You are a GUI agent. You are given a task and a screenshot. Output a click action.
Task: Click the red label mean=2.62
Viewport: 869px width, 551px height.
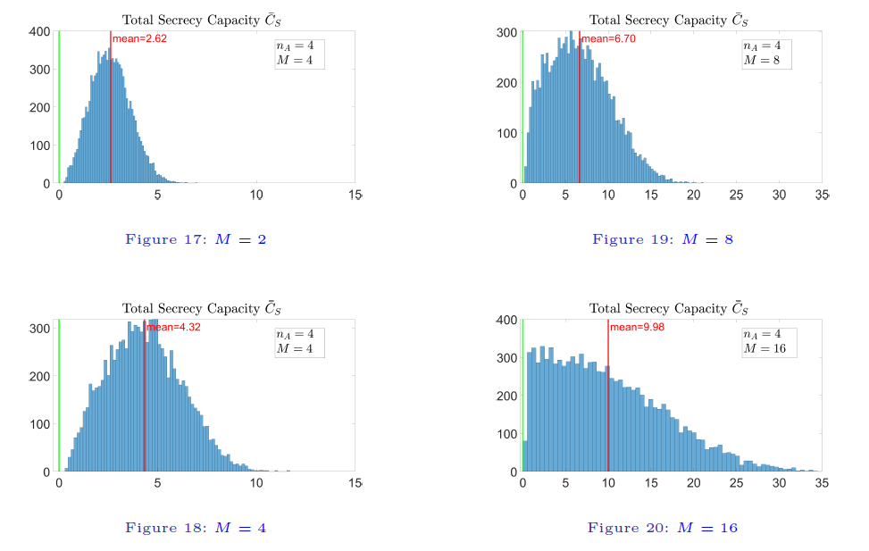pyautogui.click(x=139, y=39)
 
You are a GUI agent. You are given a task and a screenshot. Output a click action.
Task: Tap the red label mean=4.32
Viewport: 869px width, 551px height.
pyautogui.click(x=172, y=328)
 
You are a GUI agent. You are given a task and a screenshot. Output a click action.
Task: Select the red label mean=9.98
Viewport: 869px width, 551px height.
pyautogui.click(x=637, y=327)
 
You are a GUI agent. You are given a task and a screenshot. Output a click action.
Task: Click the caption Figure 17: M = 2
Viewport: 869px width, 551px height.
pyautogui.click(x=196, y=239)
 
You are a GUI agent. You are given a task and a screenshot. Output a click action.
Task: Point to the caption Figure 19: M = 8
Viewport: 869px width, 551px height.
pyautogui.click(x=663, y=239)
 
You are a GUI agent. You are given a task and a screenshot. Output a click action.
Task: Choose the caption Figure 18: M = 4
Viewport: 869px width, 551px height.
pyautogui.click(x=196, y=528)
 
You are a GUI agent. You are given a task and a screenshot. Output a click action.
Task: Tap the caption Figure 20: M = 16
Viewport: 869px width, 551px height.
pyautogui.click(x=663, y=528)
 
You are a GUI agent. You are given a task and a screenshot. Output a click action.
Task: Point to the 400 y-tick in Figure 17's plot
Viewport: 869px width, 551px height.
pyautogui.click(x=38, y=32)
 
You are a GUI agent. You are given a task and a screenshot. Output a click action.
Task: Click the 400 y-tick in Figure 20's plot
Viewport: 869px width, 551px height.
pyautogui.click(x=506, y=320)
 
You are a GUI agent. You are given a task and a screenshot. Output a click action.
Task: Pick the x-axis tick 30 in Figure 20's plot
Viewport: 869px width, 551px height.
pyautogui.click(x=779, y=482)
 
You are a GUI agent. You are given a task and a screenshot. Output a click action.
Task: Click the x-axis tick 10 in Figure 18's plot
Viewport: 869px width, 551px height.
pyautogui.click(x=256, y=482)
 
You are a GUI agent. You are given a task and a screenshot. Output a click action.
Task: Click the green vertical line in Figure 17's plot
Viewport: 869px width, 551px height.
pyautogui.click(x=59, y=107)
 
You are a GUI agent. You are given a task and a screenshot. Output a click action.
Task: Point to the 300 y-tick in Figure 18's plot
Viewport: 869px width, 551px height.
pyautogui.click(x=38, y=329)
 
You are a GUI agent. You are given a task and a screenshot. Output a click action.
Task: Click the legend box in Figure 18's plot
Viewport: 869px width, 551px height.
pyautogui.click(x=299, y=341)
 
